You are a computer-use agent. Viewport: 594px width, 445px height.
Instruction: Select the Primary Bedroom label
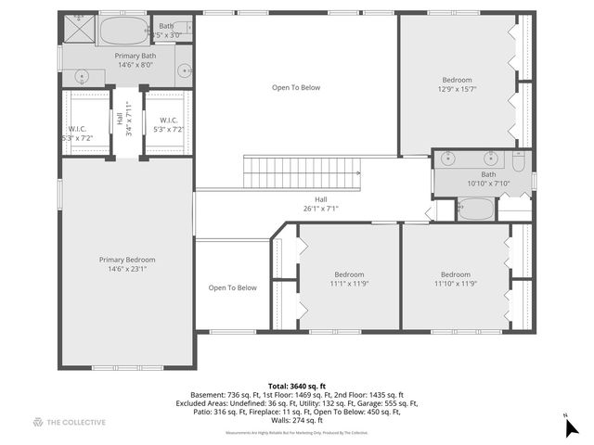(127, 260)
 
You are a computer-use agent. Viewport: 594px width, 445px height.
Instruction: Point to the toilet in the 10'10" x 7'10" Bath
(521, 162)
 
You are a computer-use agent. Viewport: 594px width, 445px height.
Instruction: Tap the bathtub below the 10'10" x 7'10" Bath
(476, 209)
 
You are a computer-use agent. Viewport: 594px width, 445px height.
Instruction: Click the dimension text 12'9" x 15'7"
(457, 90)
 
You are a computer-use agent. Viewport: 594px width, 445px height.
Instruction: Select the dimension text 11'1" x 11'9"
(349, 286)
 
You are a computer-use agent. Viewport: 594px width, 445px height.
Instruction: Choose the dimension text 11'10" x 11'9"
(456, 286)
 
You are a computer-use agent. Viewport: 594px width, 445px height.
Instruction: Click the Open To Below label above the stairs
(296, 87)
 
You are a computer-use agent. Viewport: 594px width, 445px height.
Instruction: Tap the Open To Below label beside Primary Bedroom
(232, 287)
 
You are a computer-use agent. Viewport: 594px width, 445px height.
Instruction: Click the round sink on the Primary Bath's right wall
(184, 69)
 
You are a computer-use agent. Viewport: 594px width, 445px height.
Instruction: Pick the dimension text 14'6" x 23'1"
(127, 270)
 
